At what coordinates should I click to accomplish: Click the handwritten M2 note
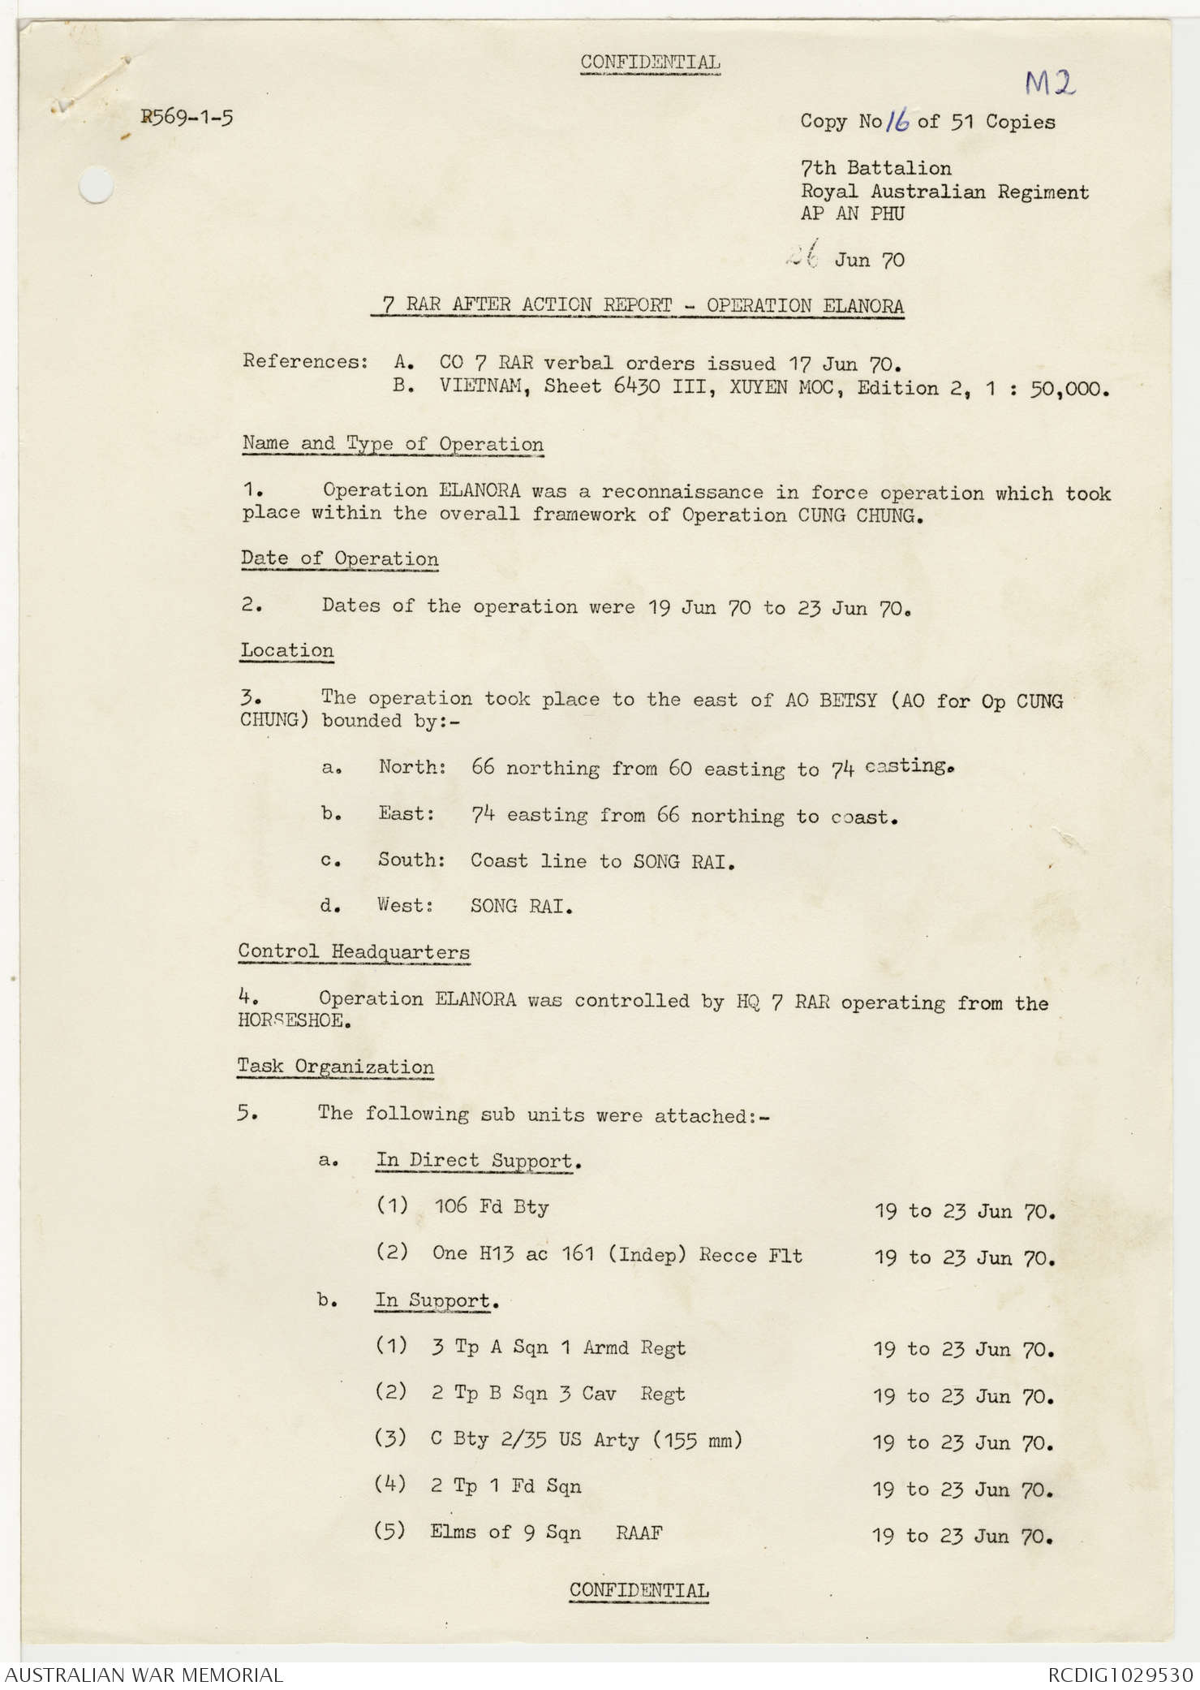(x=1049, y=82)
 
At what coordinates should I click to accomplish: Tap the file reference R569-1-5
(x=187, y=118)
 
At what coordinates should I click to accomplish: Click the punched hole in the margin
(x=96, y=184)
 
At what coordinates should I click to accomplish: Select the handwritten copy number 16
(x=897, y=122)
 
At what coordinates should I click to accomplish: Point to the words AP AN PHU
(x=852, y=214)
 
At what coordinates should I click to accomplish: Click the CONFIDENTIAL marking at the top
(x=650, y=63)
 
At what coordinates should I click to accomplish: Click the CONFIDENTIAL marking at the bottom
(x=639, y=1590)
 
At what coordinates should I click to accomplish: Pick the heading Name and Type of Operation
(x=393, y=444)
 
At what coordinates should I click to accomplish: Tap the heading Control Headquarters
(x=354, y=952)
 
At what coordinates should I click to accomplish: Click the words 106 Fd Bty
(x=492, y=1207)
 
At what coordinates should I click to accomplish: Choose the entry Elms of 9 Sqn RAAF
(x=545, y=1533)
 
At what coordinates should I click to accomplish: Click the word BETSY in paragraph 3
(x=847, y=700)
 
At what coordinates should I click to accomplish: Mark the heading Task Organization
(x=335, y=1067)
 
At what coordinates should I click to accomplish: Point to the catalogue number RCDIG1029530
(x=1120, y=1675)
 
